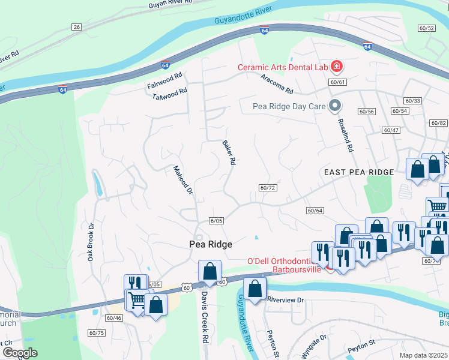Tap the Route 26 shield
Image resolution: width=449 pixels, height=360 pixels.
pos(76,27)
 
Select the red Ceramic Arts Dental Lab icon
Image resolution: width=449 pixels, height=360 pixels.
pos(337,66)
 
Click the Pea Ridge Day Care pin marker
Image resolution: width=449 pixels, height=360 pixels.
pos(336,106)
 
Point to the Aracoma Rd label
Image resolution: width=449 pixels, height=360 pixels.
pos(277,85)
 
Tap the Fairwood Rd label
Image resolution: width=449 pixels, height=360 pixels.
pos(164,82)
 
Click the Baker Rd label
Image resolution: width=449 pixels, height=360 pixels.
pos(228,153)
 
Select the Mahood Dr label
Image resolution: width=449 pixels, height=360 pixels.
pos(182,181)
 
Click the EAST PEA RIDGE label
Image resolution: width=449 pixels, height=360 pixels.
pos(359,172)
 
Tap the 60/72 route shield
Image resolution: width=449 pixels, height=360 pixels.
pos(268,188)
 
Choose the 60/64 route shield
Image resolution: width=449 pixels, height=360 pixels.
pos(315,210)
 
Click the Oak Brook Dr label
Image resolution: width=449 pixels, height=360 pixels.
pos(91,242)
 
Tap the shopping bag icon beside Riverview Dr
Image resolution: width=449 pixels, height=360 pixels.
pos(255,289)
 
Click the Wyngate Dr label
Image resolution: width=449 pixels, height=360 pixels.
pos(314,347)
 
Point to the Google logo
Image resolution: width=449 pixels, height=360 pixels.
pos(20,353)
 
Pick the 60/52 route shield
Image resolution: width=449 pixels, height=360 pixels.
pos(427,28)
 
